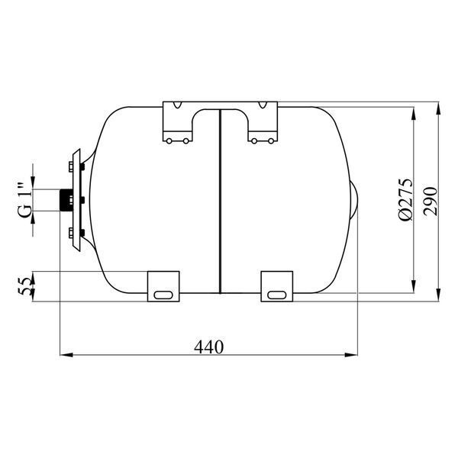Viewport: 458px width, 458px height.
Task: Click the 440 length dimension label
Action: pos(208,347)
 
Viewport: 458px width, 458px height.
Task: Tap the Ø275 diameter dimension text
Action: pos(406,199)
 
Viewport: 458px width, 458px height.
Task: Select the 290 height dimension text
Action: pos(431,202)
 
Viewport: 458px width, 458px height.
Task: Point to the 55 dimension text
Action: pos(24,286)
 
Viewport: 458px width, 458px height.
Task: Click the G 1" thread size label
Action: pos(25,200)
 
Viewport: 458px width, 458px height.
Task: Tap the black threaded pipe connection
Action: pos(66,200)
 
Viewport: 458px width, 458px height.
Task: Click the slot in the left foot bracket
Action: pos(163,295)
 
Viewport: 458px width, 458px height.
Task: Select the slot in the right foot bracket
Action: pos(276,295)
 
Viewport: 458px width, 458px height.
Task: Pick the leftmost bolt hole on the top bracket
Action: pos(169,141)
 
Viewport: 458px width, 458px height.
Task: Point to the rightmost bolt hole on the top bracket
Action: pos(271,141)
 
